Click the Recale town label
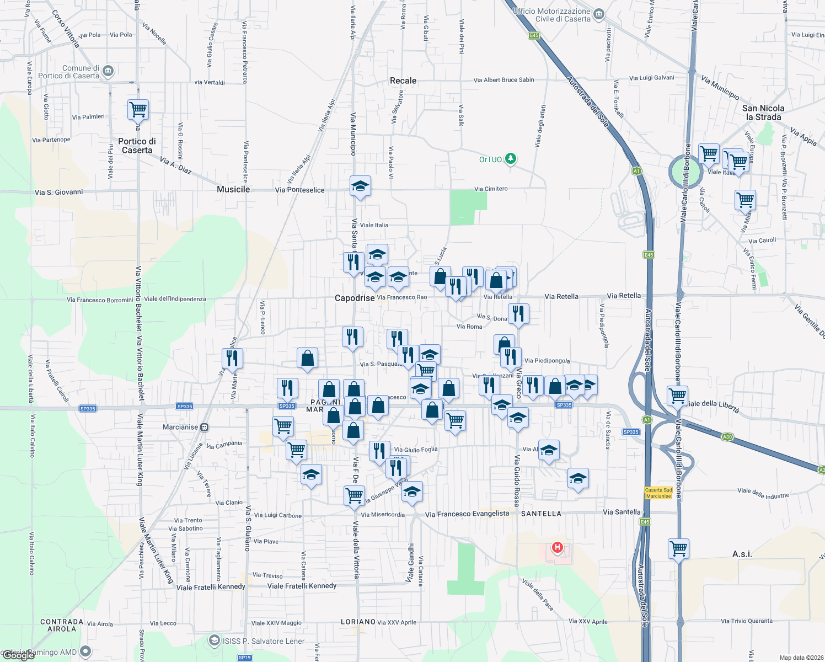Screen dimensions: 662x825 [403, 81]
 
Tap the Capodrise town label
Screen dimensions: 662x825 [355, 298]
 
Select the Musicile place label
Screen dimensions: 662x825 [233, 189]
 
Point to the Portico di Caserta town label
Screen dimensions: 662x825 [137, 146]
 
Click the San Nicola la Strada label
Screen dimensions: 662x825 [763, 113]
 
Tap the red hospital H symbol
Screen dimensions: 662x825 [558, 547]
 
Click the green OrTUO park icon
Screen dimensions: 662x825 [511, 159]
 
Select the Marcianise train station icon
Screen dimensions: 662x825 [205, 427]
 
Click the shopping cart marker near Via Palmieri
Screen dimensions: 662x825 [138, 109]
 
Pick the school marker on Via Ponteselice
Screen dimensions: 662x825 [360, 186]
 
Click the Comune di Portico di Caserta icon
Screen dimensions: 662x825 [108, 71]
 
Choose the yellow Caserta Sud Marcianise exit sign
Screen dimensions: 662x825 [658, 493]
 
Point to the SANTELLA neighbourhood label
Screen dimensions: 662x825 [541, 513]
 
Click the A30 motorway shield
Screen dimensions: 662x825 [727, 437]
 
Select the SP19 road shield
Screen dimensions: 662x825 [245, 657]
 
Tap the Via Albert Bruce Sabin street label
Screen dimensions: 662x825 [503, 80]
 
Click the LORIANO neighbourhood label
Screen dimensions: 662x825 [358, 622]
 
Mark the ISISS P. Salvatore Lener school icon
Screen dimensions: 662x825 [215, 641]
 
